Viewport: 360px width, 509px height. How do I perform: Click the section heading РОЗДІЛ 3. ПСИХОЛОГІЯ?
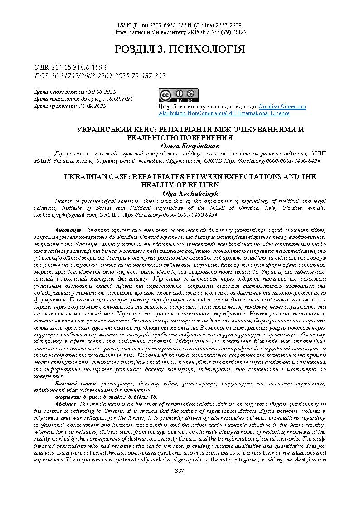180,49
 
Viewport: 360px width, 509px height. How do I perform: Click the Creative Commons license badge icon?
178,96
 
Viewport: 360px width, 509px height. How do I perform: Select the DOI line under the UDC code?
100,76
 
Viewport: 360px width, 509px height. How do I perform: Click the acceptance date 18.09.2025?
120,99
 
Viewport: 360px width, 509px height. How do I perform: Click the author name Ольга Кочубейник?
190,146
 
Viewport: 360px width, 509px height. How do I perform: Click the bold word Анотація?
68,231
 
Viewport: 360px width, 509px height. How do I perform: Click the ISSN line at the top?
180,25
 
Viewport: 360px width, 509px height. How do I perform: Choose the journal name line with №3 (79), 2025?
180,33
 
